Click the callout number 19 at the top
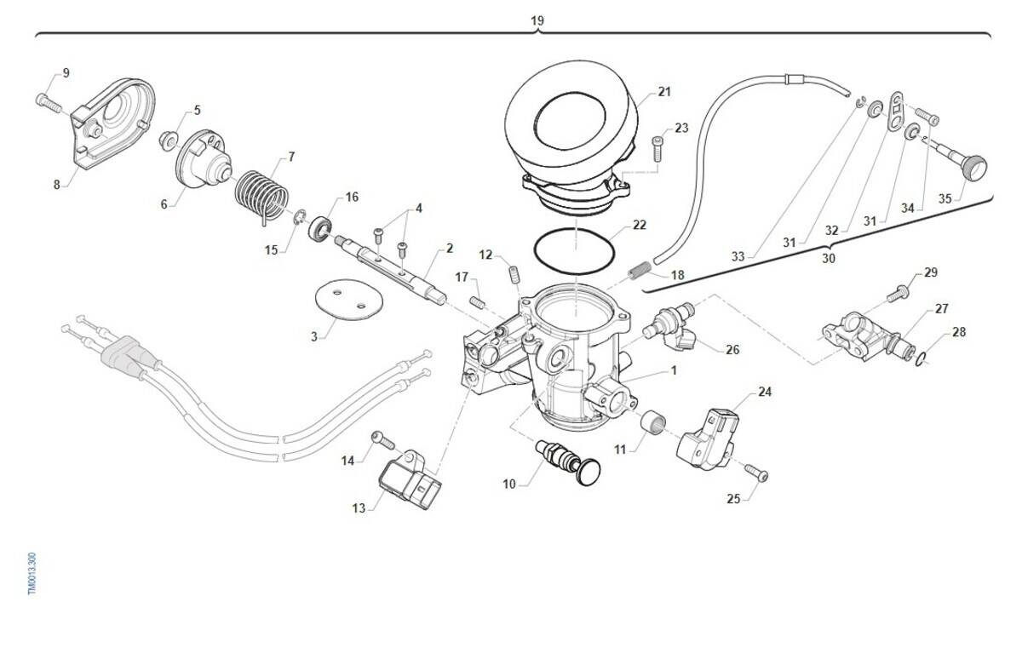(x=537, y=21)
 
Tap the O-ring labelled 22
(x=574, y=251)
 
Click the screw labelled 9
(x=48, y=104)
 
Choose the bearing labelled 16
(x=320, y=227)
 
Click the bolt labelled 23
(x=657, y=148)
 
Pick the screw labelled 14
(x=383, y=439)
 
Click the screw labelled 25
(x=756, y=473)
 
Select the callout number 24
(x=765, y=392)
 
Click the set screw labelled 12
(x=514, y=275)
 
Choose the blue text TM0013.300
(x=32, y=574)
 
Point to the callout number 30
(x=829, y=259)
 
